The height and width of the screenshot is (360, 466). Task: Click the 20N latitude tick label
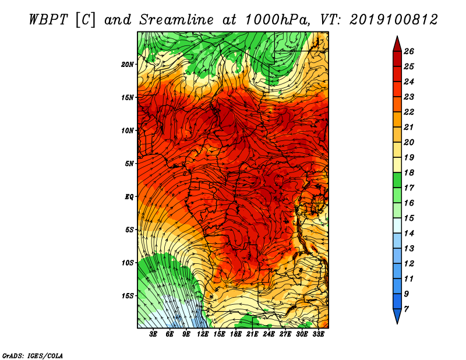click(x=128, y=65)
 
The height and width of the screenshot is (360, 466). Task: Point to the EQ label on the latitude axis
click(x=129, y=197)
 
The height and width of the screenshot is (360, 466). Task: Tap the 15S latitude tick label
click(x=128, y=296)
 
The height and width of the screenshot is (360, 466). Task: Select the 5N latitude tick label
click(x=129, y=164)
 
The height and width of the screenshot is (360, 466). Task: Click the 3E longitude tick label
click(x=153, y=334)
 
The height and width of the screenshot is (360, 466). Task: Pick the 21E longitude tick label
click(x=252, y=334)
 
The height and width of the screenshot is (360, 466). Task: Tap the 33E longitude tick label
click(x=318, y=334)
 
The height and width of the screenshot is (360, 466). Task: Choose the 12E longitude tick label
click(x=202, y=334)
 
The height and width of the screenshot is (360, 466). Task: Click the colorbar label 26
click(x=409, y=51)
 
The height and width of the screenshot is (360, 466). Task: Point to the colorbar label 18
click(x=409, y=172)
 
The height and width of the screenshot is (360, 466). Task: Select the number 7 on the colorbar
click(x=406, y=309)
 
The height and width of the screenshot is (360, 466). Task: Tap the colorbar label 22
click(x=409, y=112)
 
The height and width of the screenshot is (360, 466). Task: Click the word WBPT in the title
click(x=49, y=20)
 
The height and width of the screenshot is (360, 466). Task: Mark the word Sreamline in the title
click(x=176, y=20)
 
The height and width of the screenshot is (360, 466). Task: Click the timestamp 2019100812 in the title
click(x=394, y=20)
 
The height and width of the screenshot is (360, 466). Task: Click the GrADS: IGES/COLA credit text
click(x=33, y=356)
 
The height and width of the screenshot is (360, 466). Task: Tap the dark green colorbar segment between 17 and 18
click(x=397, y=180)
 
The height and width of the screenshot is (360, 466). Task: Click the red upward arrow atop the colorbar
click(x=397, y=44)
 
